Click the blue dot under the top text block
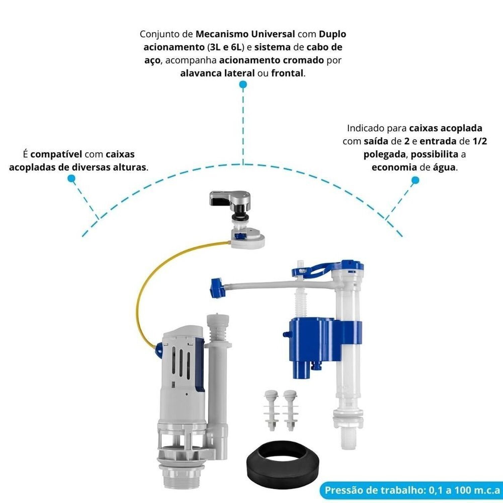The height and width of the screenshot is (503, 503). point(243,85)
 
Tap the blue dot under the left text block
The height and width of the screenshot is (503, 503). point(71,178)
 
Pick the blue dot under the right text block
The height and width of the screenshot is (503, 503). point(415,180)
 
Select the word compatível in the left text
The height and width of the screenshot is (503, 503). point(56,154)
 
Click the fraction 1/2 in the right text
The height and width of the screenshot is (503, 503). point(480,141)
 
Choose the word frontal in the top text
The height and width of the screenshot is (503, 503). point(287,73)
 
